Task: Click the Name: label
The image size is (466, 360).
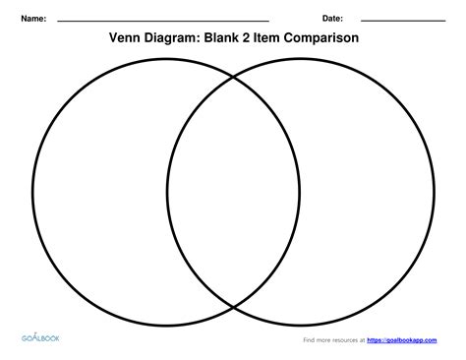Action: [x=34, y=19]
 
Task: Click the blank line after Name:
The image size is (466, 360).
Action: [x=163, y=21]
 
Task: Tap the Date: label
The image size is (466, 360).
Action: [x=332, y=19]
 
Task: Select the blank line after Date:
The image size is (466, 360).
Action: [x=403, y=21]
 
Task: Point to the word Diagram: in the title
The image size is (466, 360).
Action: [x=184, y=38]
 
